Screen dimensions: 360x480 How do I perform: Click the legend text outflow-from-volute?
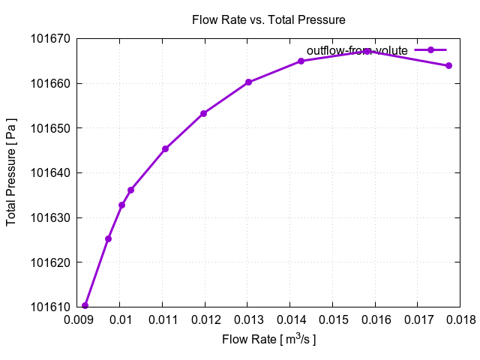click(x=357, y=50)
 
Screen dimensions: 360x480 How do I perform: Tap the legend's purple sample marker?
click(x=430, y=49)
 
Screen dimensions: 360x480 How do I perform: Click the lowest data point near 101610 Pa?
click(x=85, y=305)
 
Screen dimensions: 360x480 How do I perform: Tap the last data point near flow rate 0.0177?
click(x=448, y=65)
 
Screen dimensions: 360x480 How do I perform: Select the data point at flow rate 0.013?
click(x=248, y=82)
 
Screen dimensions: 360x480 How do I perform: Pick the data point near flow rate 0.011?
click(x=165, y=148)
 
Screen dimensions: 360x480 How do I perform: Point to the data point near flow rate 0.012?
click(x=203, y=113)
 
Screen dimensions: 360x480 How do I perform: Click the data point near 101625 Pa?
click(x=108, y=238)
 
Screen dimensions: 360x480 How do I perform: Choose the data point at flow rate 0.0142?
click(x=301, y=61)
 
